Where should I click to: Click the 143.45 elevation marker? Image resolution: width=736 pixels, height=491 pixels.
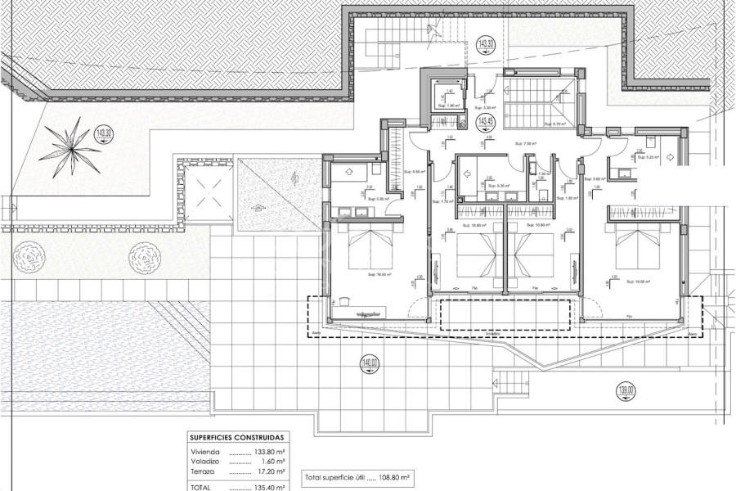coord(486,124)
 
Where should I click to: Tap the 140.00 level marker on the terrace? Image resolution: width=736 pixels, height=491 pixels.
coord(370,363)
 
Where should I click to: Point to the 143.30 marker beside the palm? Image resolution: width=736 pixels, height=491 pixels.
coord(103,133)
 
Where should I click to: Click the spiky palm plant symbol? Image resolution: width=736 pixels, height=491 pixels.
coord(70,146)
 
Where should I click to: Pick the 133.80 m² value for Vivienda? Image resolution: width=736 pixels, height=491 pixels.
coord(269,451)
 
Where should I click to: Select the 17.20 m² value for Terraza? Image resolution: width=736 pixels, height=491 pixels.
coord(271,471)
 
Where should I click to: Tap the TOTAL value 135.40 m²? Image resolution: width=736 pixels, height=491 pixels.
coord(269,487)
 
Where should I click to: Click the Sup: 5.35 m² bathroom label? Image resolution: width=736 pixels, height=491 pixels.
coord(498,186)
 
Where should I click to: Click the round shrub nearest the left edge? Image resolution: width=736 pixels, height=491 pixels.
coord(27,259)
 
